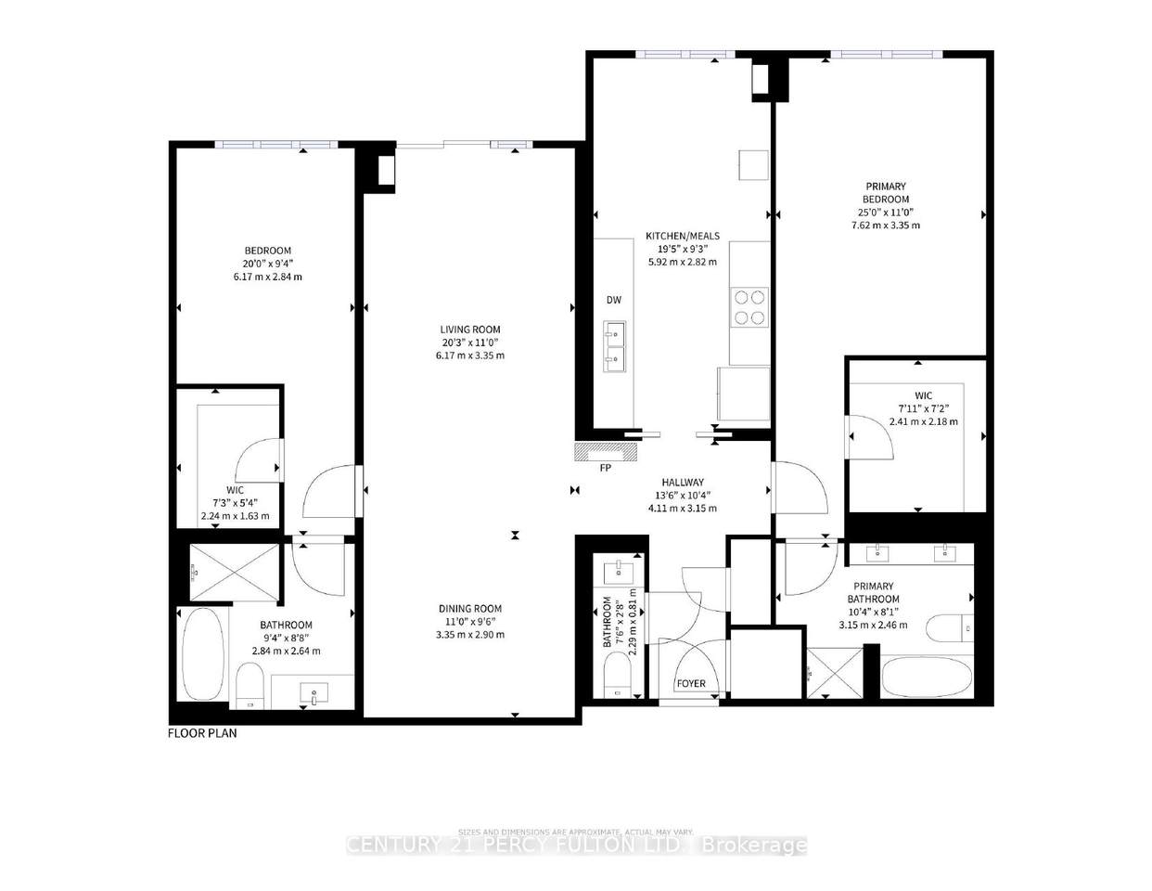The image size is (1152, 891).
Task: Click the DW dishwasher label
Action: click(x=613, y=300)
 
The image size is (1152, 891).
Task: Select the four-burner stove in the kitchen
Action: click(x=749, y=307)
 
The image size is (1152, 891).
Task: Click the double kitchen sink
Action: click(x=614, y=346)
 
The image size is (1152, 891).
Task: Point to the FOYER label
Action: click(x=690, y=684)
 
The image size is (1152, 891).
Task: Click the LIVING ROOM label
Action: click(x=470, y=329)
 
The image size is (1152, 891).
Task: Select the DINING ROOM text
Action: click(x=470, y=609)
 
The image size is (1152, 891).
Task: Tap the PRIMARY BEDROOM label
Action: click(x=885, y=193)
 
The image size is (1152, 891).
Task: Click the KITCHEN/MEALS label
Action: click(x=682, y=237)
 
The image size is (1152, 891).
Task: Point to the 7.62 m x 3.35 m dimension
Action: click(x=885, y=226)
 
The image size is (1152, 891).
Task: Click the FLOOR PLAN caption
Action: click(x=202, y=733)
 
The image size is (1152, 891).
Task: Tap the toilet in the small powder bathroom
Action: click(x=616, y=675)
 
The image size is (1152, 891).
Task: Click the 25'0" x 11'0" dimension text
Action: click(x=885, y=213)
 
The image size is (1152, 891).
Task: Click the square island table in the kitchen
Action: click(x=753, y=165)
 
